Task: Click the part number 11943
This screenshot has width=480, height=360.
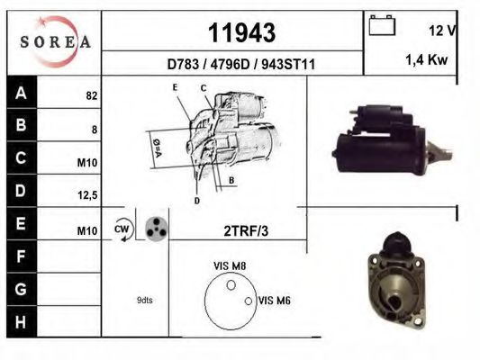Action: coord(241,33)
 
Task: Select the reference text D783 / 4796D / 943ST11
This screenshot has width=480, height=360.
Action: coord(240,64)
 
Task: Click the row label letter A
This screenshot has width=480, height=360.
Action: coord(22,93)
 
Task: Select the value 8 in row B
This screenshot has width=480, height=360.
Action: coord(95,130)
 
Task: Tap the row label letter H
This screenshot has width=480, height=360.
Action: coord(22,320)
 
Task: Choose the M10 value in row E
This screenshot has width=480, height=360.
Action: coord(86,231)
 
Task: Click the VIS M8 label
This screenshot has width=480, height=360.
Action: coord(228,266)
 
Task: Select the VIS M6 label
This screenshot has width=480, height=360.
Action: coord(272,300)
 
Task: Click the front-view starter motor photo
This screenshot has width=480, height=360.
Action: coord(394,283)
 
